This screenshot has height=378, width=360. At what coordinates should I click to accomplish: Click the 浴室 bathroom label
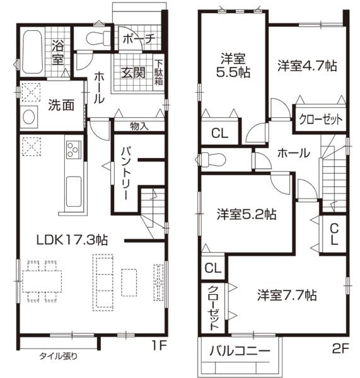pyautogui.click(x=57, y=53)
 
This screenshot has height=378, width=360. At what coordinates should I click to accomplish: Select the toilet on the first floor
pyautogui.click(x=96, y=37)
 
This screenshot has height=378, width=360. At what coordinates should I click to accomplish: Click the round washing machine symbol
pyautogui.click(x=28, y=117)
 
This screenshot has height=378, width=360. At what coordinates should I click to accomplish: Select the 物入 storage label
pyautogui.click(x=139, y=125)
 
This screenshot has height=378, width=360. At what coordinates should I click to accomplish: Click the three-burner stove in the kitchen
pyautogui.click(x=72, y=151)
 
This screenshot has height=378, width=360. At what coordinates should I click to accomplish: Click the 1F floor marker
pyautogui.click(x=159, y=345)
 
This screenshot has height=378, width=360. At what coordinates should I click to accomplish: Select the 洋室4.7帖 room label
pyautogui.click(x=305, y=66)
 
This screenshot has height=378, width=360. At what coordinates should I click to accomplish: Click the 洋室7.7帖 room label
pyautogui.click(x=287, y=295)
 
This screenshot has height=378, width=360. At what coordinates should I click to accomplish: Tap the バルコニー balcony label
pyautogui.click(x=240, y=352)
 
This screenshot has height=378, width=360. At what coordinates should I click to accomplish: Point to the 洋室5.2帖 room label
pyautogui.click(x=246, y=214)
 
